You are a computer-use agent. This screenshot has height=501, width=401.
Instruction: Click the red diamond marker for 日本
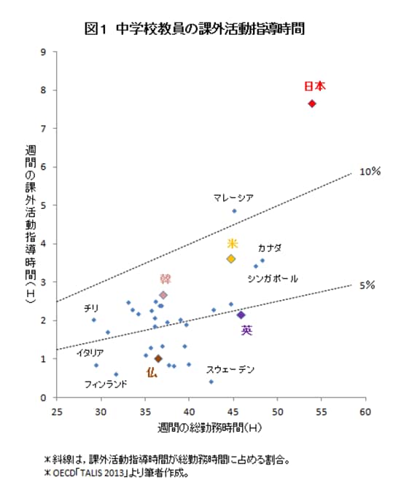click(x=312, y=103)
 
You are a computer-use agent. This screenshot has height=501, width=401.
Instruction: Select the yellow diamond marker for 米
click(x=231, y=259)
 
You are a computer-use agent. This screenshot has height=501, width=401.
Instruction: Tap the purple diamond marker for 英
click(x=241, y=315)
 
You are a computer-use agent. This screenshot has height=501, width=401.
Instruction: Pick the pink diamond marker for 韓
click(x=163, y=295)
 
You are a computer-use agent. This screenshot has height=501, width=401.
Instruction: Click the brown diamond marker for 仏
click(x=158, y=358)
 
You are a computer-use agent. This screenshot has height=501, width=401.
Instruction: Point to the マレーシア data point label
click(x=233, y=197)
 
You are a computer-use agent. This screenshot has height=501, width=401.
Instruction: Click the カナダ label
click(x=270, y=248)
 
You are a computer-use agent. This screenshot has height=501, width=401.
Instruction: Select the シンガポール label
click(x=272, y=278)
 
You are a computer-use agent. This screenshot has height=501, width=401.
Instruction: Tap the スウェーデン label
click(x=230, y=370)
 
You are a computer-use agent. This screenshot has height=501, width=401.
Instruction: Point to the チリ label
click(x=91, y=308)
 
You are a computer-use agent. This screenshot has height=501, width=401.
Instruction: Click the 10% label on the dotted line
click(x=370, y=172)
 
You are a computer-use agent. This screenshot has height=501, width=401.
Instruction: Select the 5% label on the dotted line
click(x=367, y=285)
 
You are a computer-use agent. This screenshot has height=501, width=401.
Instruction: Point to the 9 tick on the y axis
click(x=44, y=52)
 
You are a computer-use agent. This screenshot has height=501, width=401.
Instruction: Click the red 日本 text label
click(x=314, y=86)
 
